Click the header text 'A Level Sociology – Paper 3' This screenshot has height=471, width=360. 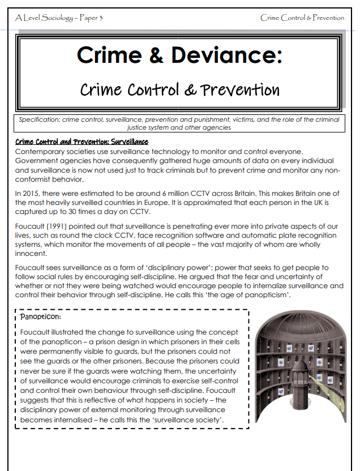59,18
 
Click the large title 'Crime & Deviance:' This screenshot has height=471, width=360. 179,55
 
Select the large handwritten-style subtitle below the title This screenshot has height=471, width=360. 179,89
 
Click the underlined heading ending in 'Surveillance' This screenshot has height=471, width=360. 82,142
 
